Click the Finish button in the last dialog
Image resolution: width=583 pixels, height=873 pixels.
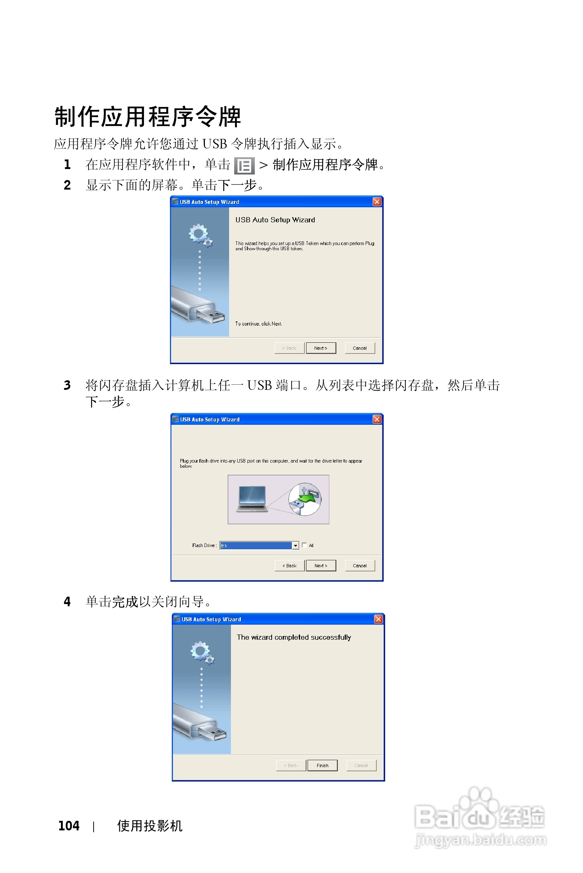(322, 765)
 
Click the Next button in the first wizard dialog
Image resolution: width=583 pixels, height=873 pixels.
(321, 348)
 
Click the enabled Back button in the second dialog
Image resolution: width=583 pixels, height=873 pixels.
(289, 565)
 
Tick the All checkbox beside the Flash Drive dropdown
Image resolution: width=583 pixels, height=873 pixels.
(304, 545)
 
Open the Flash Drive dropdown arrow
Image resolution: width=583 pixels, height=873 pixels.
(296, 546)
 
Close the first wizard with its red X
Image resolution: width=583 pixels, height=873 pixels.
(377, 202)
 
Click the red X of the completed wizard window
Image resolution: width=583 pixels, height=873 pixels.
(378, 619)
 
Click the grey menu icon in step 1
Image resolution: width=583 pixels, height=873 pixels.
(244, 166)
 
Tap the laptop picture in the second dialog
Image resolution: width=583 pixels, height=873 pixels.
(252, 499)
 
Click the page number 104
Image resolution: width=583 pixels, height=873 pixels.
(69, 826)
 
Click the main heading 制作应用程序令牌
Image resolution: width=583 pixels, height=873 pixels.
(148, 116)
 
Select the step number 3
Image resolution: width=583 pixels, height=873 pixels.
(67, 385)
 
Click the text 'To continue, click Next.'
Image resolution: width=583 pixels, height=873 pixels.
(258, 324)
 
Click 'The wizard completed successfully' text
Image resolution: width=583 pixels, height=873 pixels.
(294, 637)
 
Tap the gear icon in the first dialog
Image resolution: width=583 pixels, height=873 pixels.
(199, 234)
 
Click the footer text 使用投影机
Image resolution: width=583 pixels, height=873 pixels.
(149, 826)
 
